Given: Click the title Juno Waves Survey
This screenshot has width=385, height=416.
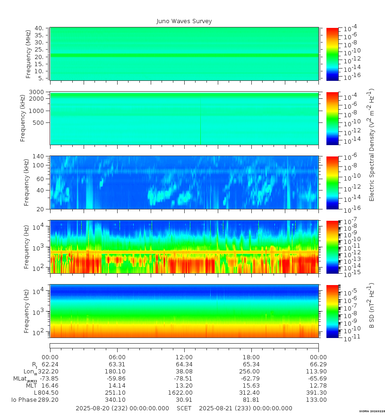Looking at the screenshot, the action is [184, 21].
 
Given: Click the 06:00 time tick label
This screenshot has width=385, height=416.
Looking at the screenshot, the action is [117, 357].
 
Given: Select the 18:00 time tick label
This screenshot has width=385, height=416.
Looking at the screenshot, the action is [251, 357].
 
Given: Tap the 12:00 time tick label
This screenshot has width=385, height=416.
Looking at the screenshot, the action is [184, 357].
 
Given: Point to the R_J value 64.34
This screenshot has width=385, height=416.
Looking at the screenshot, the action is [184, 364].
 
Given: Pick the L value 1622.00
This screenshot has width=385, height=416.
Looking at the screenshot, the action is [180, 393].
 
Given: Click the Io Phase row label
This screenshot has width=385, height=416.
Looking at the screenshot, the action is [24, 400].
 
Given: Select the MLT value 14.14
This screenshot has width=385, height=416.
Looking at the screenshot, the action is [117, 385].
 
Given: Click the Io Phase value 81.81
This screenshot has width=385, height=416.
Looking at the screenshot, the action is [251, 400].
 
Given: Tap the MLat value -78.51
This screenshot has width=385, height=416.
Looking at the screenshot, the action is [183, 379].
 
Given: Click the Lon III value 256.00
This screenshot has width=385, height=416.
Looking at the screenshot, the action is [249, 372].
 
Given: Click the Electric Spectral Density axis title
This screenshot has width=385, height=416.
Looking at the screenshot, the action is [371, 145].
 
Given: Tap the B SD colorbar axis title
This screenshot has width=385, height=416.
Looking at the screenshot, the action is [371, 305].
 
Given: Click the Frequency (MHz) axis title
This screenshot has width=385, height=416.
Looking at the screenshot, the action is [28, 54].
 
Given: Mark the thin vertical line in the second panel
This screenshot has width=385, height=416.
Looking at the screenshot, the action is [200, 121].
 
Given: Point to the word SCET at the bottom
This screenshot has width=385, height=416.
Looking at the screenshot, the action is [184, 408].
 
